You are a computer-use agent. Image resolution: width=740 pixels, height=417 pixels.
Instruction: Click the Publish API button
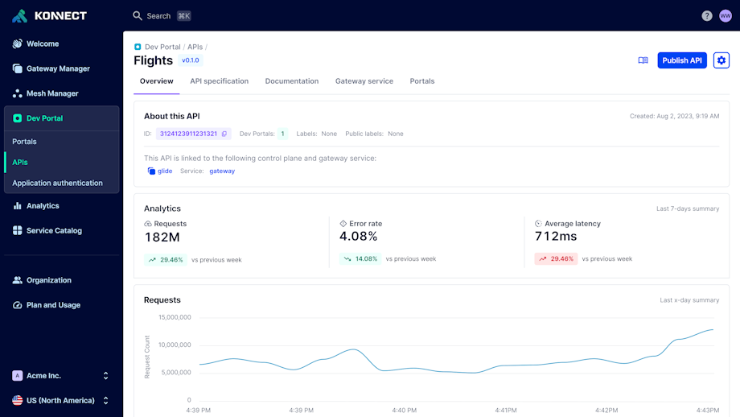coord(681,60)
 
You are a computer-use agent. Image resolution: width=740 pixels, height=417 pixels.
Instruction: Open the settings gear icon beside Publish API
coord(721,60)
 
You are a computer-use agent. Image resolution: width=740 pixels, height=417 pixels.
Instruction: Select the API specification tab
coord(219,81)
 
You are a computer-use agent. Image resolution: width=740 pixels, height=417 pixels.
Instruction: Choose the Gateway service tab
coord(364,81)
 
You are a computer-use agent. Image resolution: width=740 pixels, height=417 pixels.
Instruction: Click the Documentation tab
coord(291,81)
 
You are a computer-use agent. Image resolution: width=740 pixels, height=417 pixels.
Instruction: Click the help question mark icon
coord(706,16)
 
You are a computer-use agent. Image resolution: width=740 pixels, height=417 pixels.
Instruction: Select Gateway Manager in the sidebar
coord(58,68)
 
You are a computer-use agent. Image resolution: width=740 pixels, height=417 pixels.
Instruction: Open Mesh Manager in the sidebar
coord(53,93)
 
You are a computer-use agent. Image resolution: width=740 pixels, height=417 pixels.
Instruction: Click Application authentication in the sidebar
coord(57,183)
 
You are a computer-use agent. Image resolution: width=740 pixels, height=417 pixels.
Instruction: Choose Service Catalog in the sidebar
coord(54,230)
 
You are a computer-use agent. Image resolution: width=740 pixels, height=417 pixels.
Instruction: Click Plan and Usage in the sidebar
coord(53,305)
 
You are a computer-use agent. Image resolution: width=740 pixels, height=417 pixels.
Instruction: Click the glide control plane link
coord(164,171)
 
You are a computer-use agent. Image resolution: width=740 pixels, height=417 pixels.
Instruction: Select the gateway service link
coord(222,171)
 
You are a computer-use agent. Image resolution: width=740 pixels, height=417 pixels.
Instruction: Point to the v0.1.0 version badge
coord(190,60)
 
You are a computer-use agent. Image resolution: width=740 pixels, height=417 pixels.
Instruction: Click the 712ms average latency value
coord(556,236)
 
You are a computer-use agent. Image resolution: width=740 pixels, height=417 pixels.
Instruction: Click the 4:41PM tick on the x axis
coord(506,410)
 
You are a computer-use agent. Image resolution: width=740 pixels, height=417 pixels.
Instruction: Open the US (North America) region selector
coord(61,400)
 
